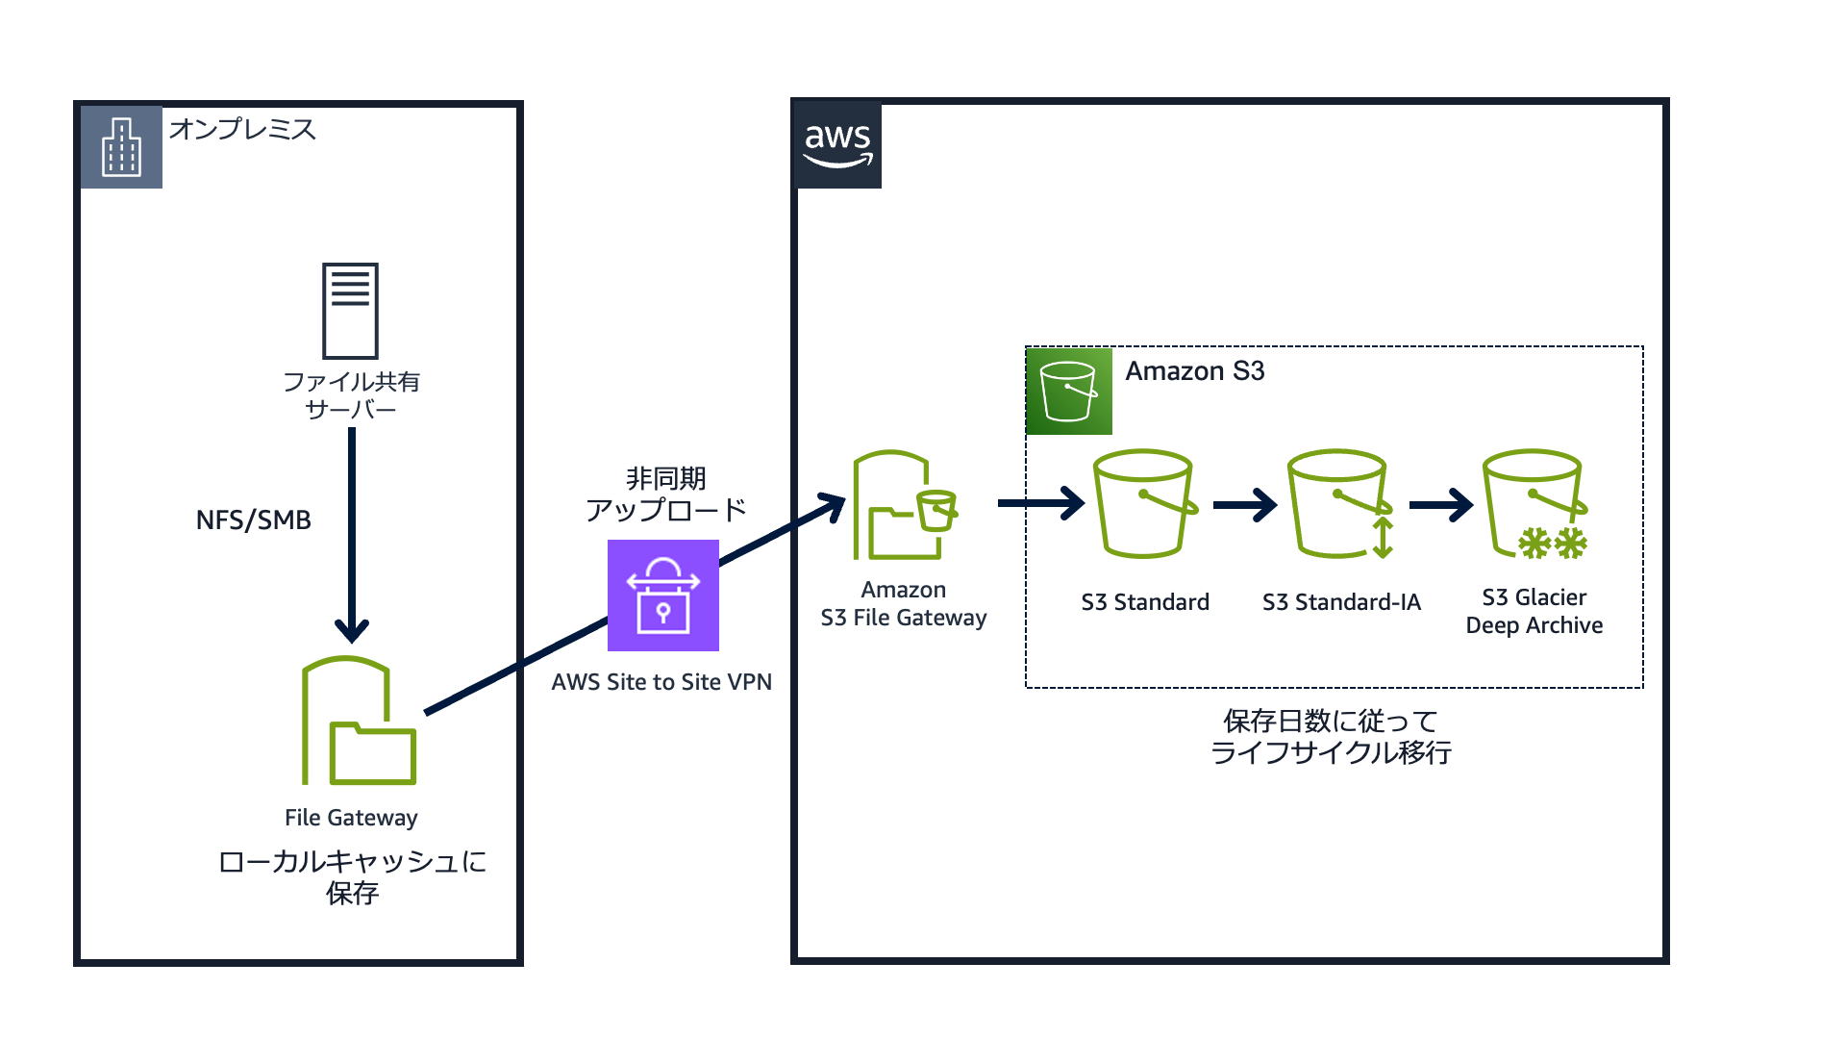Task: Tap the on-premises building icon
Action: [121, 147]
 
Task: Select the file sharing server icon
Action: [350, 310]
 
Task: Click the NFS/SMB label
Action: [253, 520]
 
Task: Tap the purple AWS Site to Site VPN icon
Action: [663, 596]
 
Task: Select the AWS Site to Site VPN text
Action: [661, 682]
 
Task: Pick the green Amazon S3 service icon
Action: [1068, 391]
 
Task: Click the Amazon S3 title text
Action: [1194, 371]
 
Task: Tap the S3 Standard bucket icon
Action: [1144, 503]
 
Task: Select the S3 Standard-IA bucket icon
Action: [1339, 503]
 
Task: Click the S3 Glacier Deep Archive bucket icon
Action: [1534, 503]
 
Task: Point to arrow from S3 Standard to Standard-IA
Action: [1245, 504]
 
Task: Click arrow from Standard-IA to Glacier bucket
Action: [1440, 504]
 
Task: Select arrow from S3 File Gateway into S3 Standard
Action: [1041, 502]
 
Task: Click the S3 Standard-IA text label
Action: [1341, 602]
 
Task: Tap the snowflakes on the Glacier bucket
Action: [1552, 544]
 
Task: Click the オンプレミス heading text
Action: [242, 129]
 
